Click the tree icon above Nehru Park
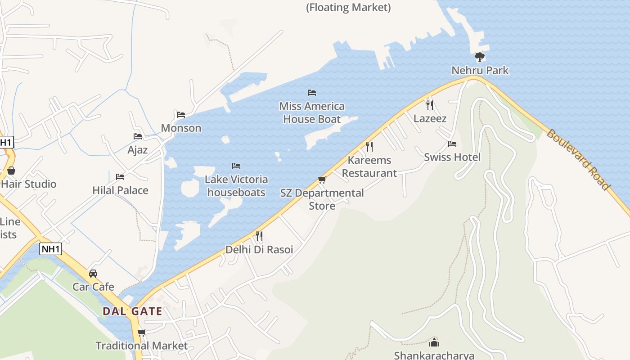(480, 57)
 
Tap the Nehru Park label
(480, 71)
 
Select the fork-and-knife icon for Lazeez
(430, 105)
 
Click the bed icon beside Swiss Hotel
(452, 144)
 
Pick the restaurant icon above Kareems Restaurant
(369, 147)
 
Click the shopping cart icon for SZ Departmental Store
(322, 180)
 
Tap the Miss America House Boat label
(312, 112)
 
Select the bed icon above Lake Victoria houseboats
(236, 166)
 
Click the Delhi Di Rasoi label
(259, 250)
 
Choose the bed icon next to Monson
(181, 115)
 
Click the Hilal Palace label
(120, 190)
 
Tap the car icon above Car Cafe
(93, 274)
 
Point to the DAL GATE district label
(132, 311)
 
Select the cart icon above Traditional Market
(141, 333)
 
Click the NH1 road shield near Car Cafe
(50, 249)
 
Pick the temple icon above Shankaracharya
(434, 342)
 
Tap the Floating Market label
(348, 8)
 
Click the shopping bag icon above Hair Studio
(11, 171)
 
